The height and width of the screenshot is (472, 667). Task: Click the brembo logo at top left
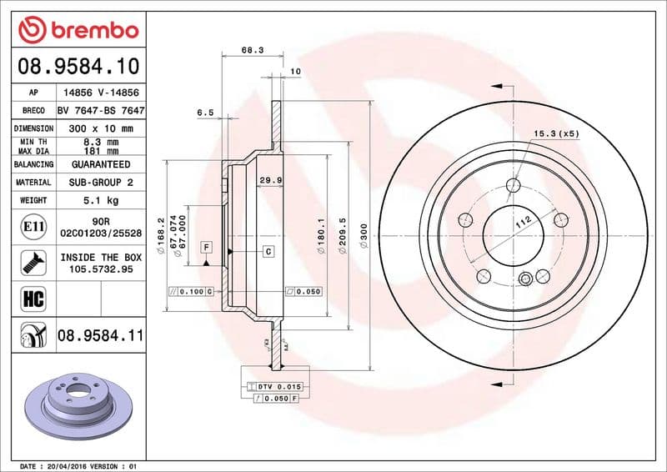(x=78, y=30)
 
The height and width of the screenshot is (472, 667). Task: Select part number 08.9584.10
(x=78, y=66)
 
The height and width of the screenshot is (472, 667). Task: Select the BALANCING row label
(x=34, y=165)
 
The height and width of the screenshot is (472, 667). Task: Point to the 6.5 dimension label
(x=205, y=112)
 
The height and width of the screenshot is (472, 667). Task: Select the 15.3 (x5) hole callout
(x=556, y=133)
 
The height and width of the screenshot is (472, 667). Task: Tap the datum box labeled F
(x=206, y=247)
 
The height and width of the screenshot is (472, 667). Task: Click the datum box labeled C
(x=268, y=251)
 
